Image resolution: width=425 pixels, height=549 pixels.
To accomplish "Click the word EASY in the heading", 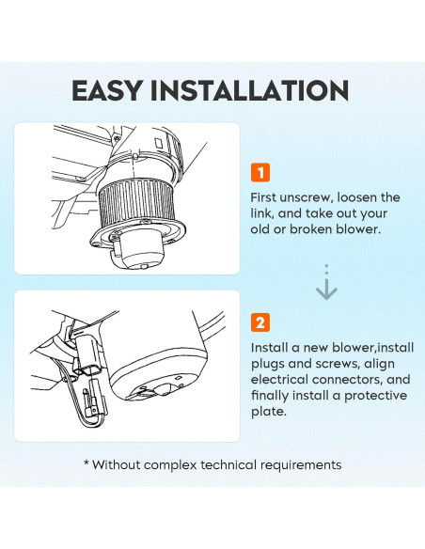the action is click(x=107, y=90).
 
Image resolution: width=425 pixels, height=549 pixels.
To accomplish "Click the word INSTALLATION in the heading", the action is click(x=249, y=90).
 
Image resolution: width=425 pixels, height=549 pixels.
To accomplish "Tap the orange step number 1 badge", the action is click(x=260, y=172).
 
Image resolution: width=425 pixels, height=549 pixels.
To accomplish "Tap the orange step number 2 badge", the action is click(x=260, y=322).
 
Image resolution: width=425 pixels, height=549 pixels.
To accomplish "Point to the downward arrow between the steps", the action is click(x=326, y=282).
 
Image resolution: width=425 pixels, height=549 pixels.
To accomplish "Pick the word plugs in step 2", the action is click(x=268, y=365).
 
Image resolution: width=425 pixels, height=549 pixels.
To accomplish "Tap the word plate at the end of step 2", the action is click(x=269, y=412).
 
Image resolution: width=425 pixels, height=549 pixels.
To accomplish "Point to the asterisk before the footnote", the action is click(x=87, y=463).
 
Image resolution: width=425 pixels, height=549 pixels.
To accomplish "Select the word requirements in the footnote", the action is click(x=301, y=465).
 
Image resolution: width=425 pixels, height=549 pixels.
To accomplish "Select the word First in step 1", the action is click(x=262, y=197).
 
